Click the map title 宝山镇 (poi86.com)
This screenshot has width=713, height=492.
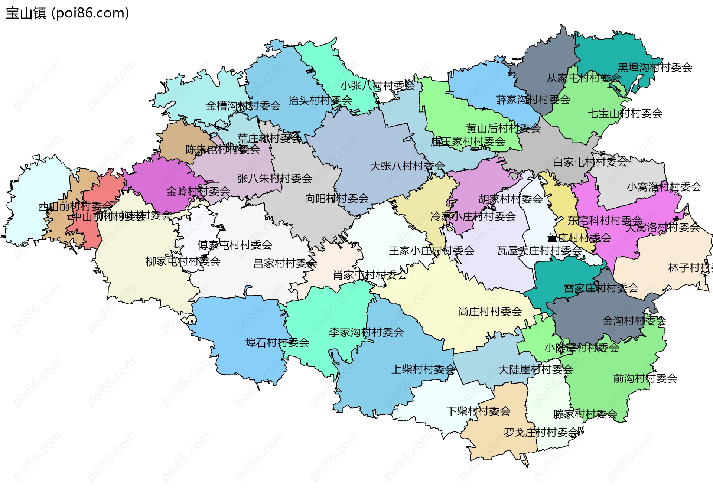67,13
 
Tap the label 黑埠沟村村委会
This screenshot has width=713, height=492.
655,68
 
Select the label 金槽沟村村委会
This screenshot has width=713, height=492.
243,106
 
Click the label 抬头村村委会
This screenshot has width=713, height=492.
320,100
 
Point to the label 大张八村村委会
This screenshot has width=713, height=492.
407,166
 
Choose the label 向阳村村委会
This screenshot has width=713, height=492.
337,199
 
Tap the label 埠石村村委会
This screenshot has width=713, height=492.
277,342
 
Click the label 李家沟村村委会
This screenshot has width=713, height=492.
367,332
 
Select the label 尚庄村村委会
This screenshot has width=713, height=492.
490,312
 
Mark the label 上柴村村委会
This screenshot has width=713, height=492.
423,369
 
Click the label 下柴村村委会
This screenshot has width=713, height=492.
478,411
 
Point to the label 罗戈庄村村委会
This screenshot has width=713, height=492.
541,433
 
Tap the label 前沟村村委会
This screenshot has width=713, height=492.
645,378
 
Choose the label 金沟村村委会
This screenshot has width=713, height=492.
634,321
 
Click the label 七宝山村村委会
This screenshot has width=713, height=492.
625,113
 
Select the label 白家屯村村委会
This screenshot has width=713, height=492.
590,162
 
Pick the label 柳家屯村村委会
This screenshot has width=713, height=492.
183,261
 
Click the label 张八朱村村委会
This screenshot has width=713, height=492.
275,179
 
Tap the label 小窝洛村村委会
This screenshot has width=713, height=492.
664,187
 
